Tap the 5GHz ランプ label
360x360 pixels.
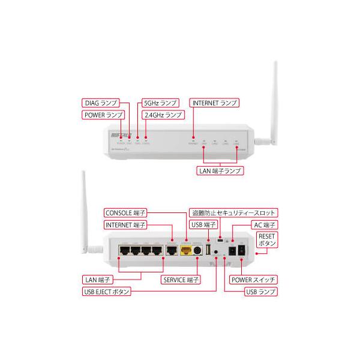point(159,103)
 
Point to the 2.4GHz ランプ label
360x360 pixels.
point(161,115)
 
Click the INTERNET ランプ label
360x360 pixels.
point(214,103)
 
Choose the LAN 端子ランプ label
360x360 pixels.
point(220,170)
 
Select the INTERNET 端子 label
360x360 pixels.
point(125,224)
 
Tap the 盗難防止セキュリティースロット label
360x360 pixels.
point(232,212)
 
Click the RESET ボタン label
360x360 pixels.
point(266,241)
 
